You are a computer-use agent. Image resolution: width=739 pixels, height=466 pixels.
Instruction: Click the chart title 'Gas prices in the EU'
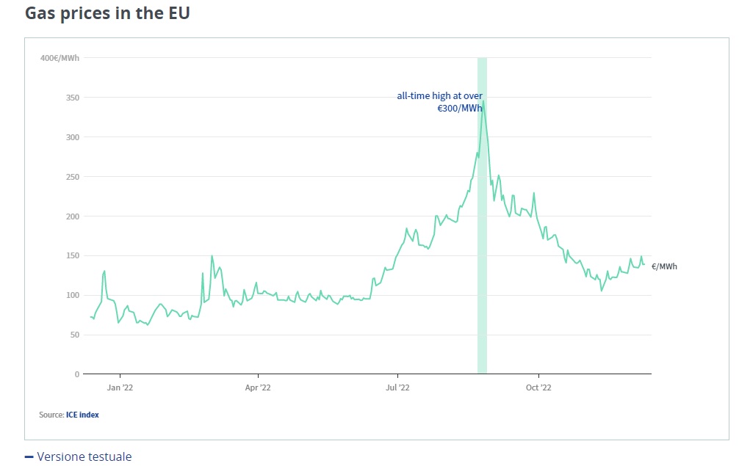coord(107,13)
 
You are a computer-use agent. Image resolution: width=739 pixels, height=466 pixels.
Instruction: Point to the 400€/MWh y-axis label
coord(60,58)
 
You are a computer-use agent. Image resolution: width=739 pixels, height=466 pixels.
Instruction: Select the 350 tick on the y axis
coord(72,98)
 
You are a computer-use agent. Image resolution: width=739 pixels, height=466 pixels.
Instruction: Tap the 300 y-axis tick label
coord(72,137)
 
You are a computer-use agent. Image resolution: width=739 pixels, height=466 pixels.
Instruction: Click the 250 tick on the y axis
coord(72,177)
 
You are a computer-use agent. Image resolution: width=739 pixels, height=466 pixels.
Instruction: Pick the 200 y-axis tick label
coord(72,216)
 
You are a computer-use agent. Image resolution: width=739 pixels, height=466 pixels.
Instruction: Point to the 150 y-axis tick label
coord(72,256)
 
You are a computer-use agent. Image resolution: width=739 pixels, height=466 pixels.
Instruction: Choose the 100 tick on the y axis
coord(72,295)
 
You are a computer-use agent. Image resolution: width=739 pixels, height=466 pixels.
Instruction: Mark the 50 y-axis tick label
coord(73,335)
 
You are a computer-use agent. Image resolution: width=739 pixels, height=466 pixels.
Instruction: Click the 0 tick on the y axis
coord(76,374)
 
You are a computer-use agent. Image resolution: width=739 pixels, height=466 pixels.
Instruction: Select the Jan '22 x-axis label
coord(120,387)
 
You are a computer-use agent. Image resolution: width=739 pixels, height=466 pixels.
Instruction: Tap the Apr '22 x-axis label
coord(258,387)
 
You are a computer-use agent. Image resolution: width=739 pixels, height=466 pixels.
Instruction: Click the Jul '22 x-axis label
coord(397,387)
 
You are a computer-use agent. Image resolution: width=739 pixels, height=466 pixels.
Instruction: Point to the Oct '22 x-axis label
coord(538,387)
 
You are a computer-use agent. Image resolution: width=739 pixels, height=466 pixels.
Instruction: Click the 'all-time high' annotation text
coord(439,102)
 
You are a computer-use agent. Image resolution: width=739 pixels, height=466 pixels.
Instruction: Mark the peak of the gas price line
coord(483,101)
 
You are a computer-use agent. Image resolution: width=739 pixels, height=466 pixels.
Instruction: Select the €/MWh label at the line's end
coord(664,266)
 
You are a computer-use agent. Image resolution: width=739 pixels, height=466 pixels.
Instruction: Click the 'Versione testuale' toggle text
coord(84,456)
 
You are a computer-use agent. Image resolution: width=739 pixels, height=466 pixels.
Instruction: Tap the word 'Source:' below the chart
coord(51,415)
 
